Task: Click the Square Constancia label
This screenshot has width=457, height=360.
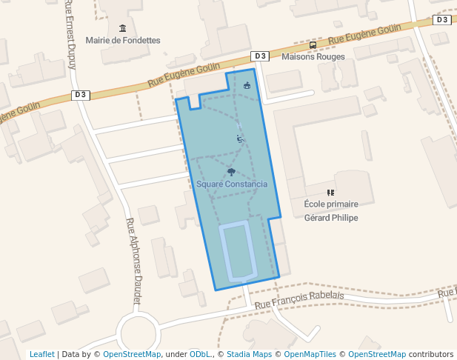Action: click(231, 184)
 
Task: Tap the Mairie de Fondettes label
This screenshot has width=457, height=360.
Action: click(123, 40)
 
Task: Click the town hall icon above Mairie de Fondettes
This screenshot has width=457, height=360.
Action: click(122, 28)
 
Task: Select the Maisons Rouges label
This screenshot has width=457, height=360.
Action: click(313, 56)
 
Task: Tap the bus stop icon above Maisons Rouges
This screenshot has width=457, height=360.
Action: click(313, 45)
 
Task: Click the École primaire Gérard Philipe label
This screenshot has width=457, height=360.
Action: click(331, 210)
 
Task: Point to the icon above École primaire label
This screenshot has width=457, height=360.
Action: click(330, 193)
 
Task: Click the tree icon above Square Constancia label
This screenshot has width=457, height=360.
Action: click(231, 172)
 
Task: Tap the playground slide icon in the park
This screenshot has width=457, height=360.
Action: click(239, 138)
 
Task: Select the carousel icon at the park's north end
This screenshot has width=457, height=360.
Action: click(247, 85)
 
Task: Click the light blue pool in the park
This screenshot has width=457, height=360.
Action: click(238, 251)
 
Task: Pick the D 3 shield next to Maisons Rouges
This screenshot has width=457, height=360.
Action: click(259, 56)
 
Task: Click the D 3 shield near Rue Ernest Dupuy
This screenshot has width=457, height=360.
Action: click(81, 95)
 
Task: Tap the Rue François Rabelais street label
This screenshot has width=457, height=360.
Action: click(298, 299)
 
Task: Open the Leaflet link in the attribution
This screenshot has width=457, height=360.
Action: click(41, 354)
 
